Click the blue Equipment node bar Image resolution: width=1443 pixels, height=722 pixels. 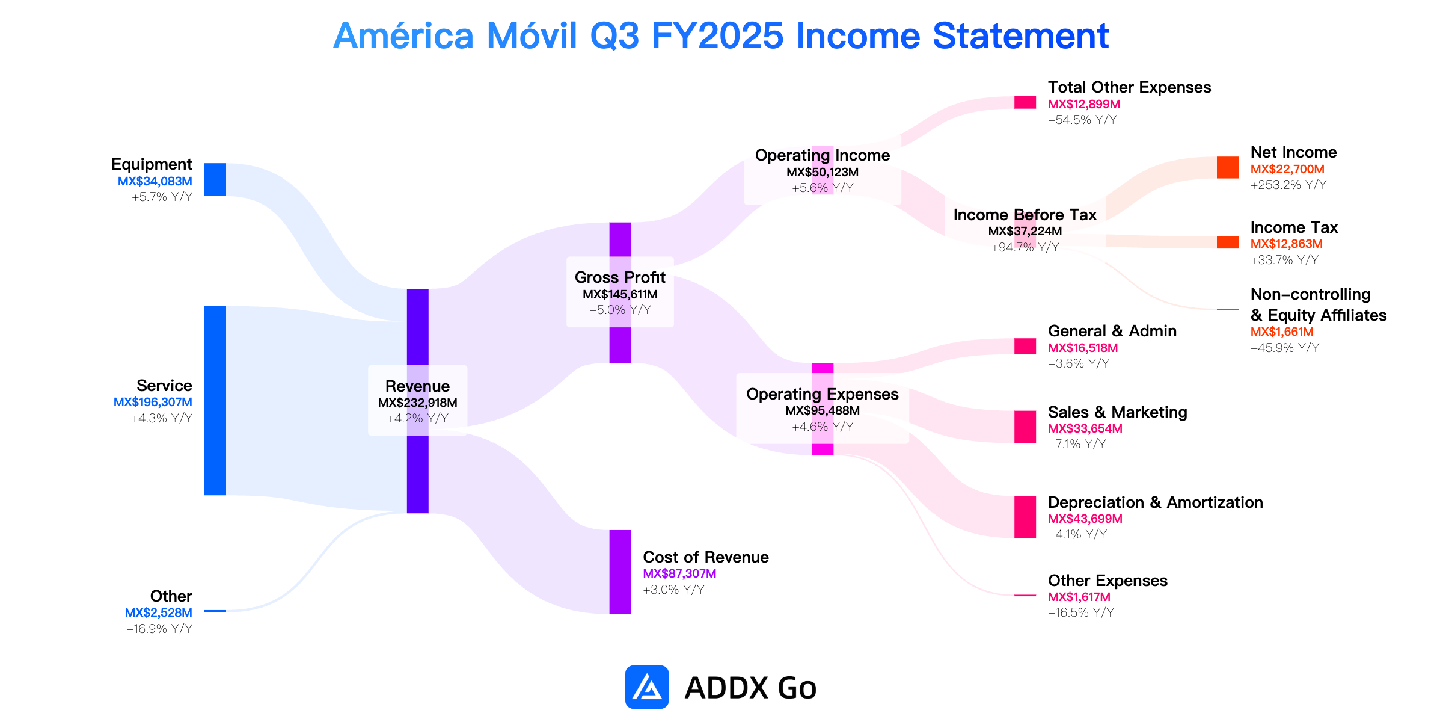(215, 179)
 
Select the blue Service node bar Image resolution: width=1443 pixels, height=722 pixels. (215, 401)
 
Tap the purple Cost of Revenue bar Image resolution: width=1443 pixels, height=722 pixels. (620, 572)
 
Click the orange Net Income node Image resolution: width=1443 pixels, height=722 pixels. (1228, 167)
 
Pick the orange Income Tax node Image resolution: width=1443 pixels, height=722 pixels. (1228, 242)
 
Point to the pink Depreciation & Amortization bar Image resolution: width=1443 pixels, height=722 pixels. (1025, 517)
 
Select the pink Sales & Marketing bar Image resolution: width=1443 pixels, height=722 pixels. (1025, 427)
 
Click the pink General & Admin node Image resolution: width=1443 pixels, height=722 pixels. (1025, 346)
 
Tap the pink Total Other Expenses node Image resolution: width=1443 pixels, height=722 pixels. (1025, 102)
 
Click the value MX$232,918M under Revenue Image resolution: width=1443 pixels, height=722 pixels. (418, 403)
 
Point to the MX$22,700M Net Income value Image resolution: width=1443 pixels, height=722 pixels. (1287, 169)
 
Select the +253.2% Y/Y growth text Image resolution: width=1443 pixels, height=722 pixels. (1288, 185)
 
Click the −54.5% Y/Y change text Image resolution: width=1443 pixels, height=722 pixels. (1082, 120)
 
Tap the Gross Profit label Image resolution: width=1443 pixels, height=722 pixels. (620, 277)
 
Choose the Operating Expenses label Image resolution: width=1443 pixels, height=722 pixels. (823, 394)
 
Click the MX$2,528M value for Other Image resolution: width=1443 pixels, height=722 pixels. (159, 612)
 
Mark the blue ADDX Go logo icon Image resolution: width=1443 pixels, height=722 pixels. (647, 687)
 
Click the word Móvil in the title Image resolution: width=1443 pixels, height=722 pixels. (532, 35)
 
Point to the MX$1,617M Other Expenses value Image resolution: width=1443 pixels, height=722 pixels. (1079, 597)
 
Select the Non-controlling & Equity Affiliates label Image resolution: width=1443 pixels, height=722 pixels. (1319, 304)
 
